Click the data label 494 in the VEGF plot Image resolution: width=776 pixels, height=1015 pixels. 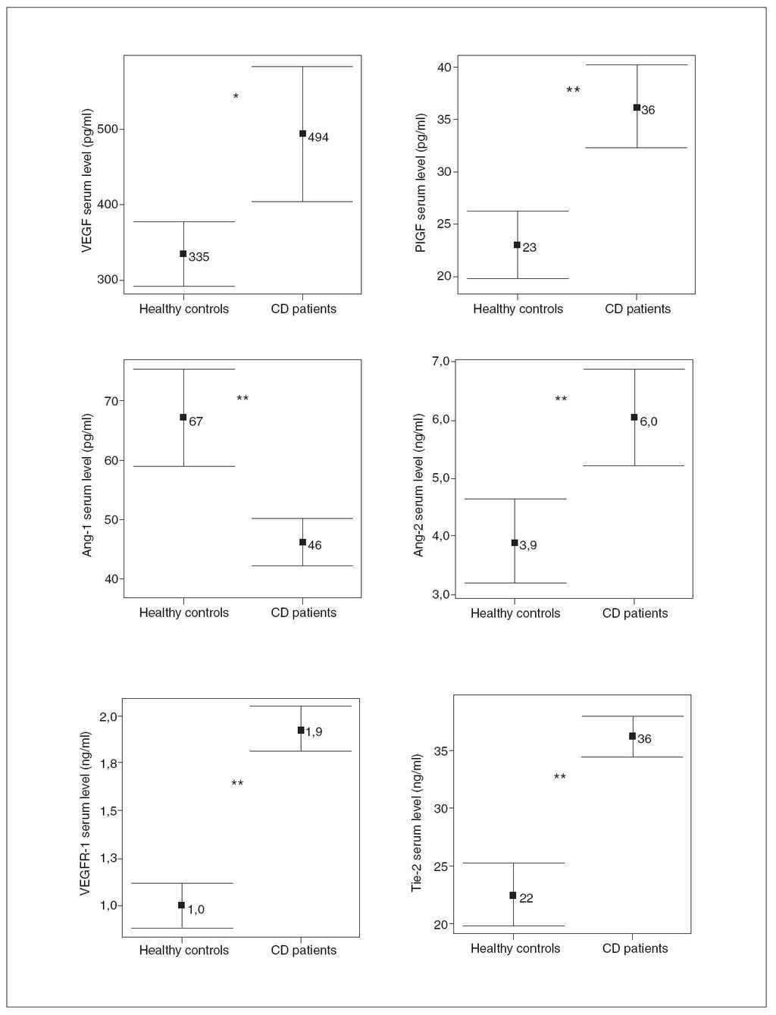(318, 138)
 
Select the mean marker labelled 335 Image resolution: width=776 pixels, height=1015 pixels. (183, 254)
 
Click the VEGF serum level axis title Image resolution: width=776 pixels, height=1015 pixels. (88, 190)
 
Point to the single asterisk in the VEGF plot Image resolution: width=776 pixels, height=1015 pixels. (236, 97)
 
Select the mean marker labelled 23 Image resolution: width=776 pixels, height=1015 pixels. (517, 245)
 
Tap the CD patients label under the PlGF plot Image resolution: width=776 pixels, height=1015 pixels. (637, 309)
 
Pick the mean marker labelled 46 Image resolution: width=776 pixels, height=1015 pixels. (303, 542)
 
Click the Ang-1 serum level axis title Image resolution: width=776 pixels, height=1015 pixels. (88, 485)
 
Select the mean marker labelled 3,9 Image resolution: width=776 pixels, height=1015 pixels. (515, 543)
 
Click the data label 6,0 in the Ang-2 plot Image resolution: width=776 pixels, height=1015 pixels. (649, 422)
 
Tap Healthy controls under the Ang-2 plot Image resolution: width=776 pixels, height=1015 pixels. (515, 613)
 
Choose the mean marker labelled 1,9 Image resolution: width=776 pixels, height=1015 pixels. (301, 730)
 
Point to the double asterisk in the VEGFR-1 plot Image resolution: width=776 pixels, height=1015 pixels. (237, 783)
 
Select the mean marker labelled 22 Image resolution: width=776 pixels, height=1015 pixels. (513, 895)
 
